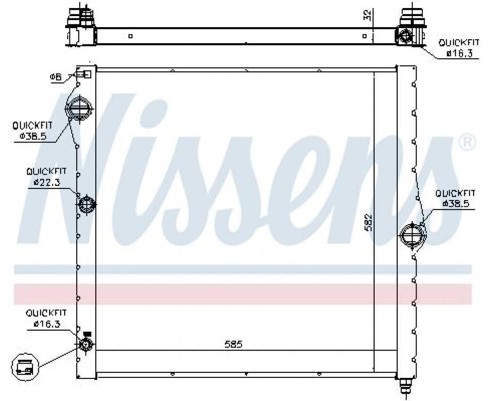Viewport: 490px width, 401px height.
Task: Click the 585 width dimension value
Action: pyautogui.click(x=234, y=344)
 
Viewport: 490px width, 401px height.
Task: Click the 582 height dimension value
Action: pyautogui.click(x=369, y=222)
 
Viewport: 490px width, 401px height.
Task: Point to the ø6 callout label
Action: pyautogui.click(x=56, y=77)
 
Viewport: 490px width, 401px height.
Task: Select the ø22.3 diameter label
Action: pyautogui.click(x=46, y=182)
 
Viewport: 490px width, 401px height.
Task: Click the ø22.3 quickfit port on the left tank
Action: pyautogui.click(x=86, y=205)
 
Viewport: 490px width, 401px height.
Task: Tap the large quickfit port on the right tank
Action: pyautogui.click(x=413, y=236)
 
